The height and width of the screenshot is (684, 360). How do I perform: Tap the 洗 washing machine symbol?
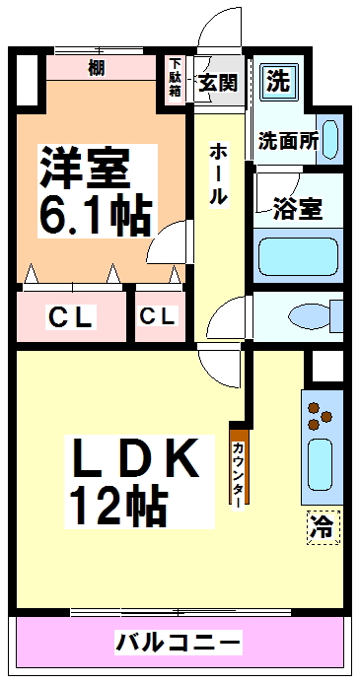[279, 81]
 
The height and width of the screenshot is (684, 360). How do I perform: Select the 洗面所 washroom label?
[288, 141]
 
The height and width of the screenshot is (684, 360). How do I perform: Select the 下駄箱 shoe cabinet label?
[174, 77]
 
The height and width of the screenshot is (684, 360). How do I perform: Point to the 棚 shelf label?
[97, 68]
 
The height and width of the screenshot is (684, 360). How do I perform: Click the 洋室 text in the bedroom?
[85, 168]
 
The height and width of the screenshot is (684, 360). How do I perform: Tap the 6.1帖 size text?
[95, 215]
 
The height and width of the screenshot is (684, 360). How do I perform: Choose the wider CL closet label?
[71, 317]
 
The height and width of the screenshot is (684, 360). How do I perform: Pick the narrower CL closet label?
[159, 317]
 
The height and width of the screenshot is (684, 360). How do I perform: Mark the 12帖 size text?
[115, 507]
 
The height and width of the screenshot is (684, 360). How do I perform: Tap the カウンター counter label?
[239, 471]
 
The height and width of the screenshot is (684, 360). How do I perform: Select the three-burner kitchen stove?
[318, 415]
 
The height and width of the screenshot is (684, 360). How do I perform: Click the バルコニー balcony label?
[178, 642]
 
